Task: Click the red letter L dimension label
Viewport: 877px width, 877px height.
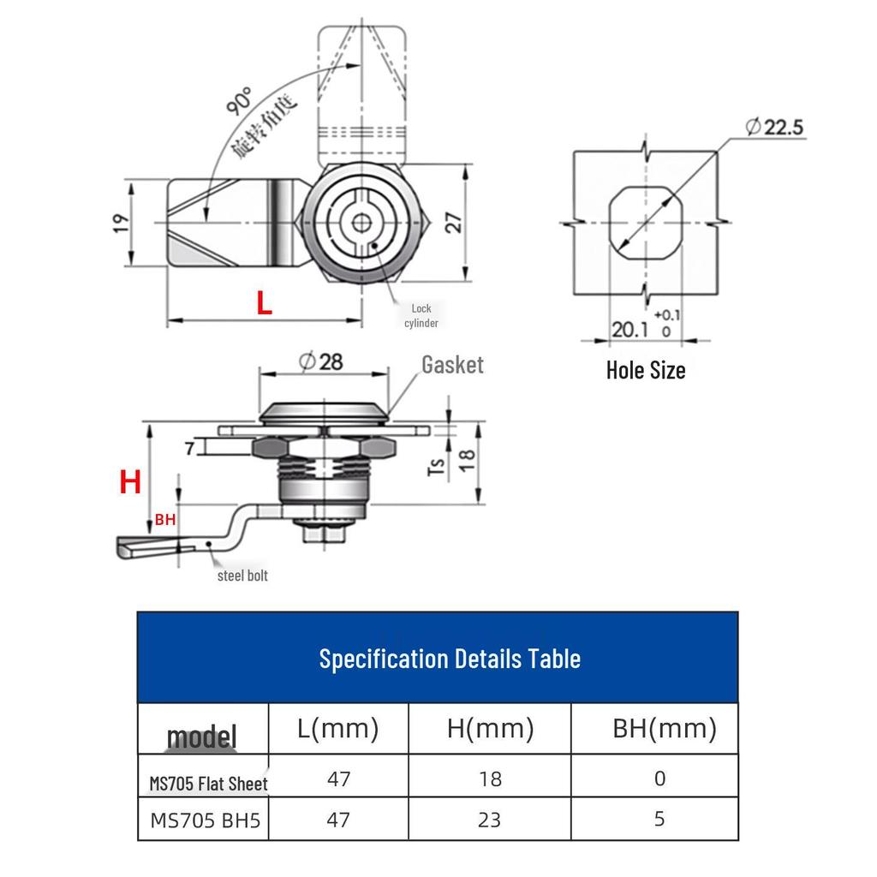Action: [264, 302]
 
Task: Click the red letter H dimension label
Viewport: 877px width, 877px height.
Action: [130, 481]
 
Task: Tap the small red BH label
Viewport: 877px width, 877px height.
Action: [165, 520]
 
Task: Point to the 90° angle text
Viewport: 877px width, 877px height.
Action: [240, 101]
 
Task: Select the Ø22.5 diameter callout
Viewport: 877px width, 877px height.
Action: [774, 127]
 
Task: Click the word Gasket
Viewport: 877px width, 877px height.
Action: [452, 365]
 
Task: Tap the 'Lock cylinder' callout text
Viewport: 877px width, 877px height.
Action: [421, 315]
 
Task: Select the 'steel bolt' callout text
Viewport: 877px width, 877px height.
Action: [242, 576]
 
